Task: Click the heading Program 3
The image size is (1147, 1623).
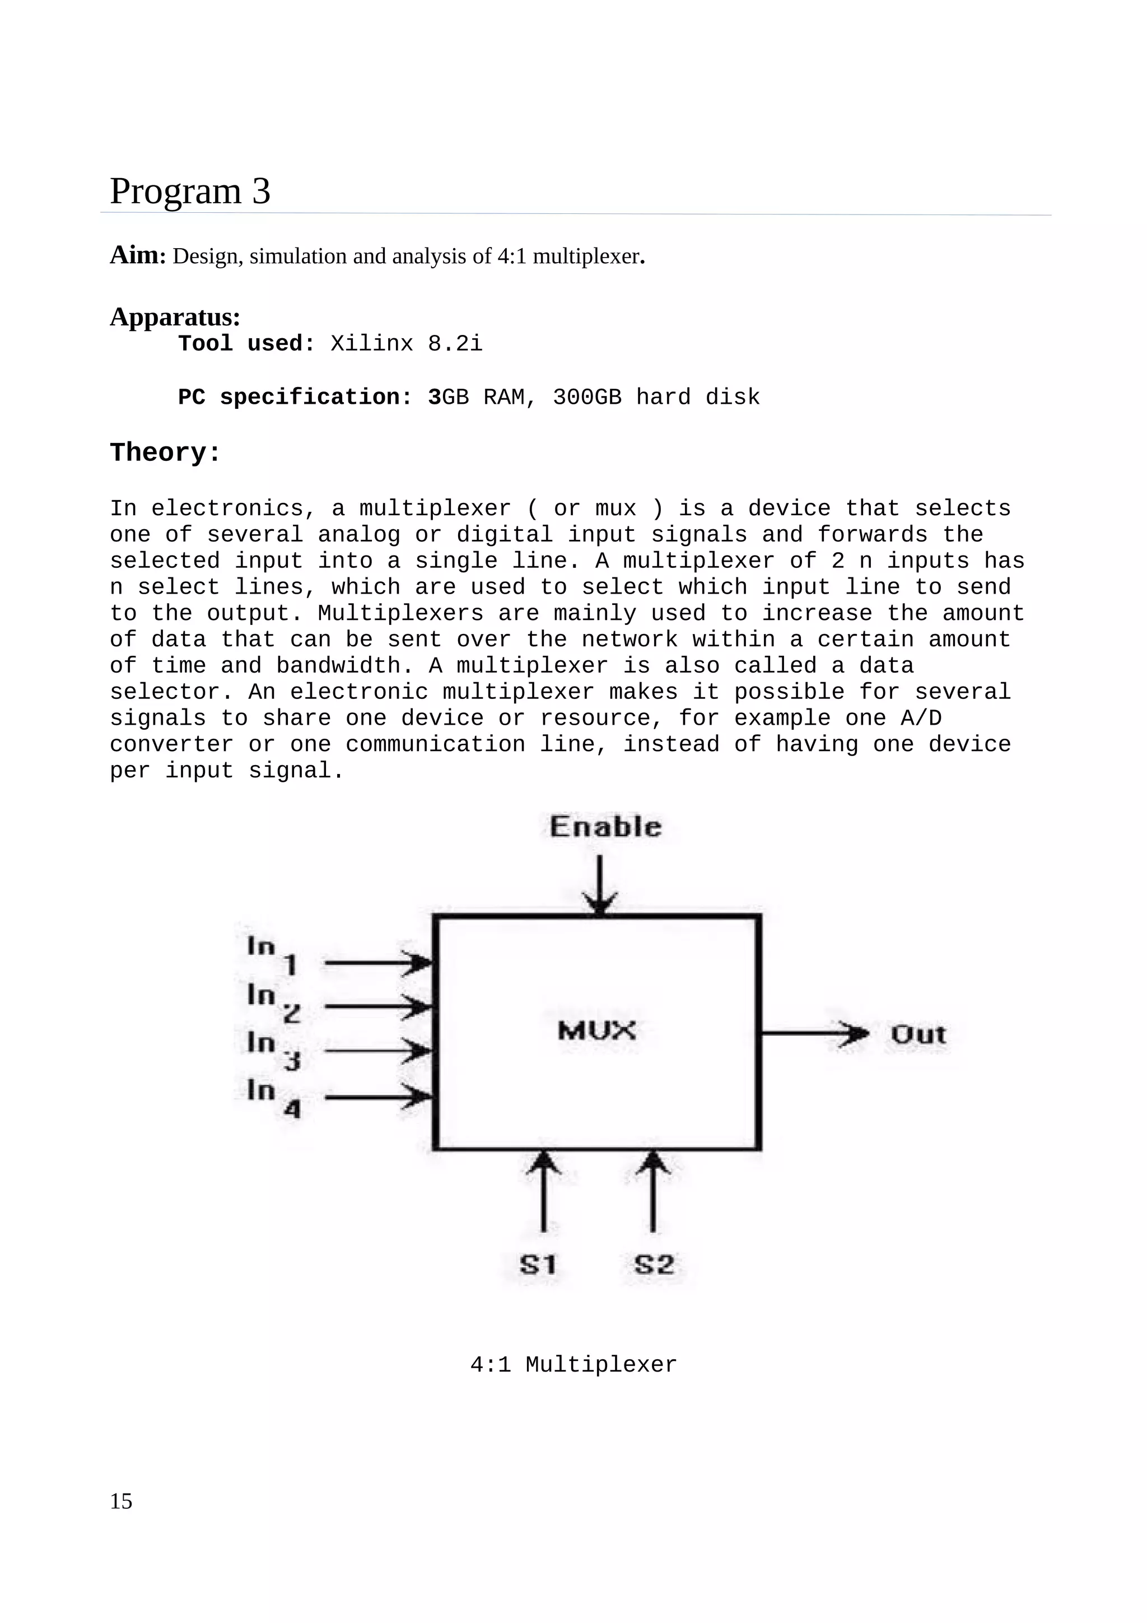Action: (189, 192)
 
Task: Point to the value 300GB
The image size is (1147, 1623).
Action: (586, 397)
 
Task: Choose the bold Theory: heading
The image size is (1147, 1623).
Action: (165, 453)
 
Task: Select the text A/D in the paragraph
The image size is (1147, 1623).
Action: (920, 718)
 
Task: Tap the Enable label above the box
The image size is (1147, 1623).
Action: (605, 827)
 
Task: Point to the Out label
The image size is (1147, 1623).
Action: (918, 1035)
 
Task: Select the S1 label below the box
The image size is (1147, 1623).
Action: (538, 1265)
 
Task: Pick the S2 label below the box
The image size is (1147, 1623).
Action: (653, 1265)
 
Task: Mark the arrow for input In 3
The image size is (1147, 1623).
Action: (378, 1051)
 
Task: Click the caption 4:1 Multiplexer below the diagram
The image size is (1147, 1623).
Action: (573, 1364)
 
